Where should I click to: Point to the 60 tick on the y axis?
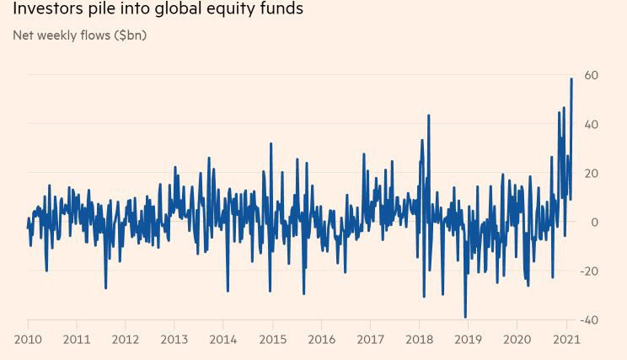point(592,75)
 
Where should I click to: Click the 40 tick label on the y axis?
point(592,124)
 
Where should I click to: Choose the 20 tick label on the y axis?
point(592,173)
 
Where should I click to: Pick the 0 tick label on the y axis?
point(595,222)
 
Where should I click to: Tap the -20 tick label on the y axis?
point(590,271)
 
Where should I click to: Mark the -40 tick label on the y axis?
point(590,320)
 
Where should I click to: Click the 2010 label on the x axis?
point(28,339)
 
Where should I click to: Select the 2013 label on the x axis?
point(174,339)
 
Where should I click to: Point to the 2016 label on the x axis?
point(321,339)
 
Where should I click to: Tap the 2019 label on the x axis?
point(467,339)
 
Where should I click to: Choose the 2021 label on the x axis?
point(565,339)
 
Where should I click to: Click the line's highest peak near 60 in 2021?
point(571,78)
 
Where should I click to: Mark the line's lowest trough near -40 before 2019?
point(465,317)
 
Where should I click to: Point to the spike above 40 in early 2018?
point(429,116)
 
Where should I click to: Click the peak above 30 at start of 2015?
point(271,143)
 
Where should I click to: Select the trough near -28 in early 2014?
point(228,291)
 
